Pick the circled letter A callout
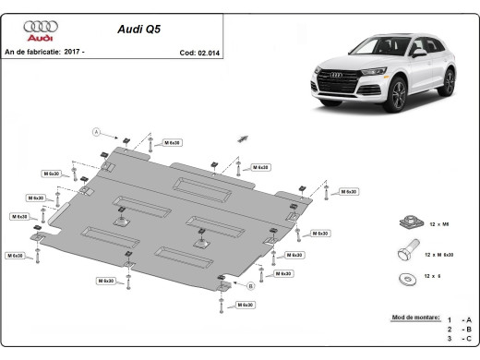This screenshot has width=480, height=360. (96, 132)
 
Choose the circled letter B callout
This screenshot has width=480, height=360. (250, 287)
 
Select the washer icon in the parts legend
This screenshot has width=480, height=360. (404, 277)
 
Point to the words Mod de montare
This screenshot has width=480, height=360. (414, 316)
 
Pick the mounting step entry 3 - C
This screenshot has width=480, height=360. (458, 340)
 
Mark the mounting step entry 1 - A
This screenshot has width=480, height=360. (458, 320)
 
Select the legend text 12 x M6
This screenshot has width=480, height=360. (438, 222)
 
